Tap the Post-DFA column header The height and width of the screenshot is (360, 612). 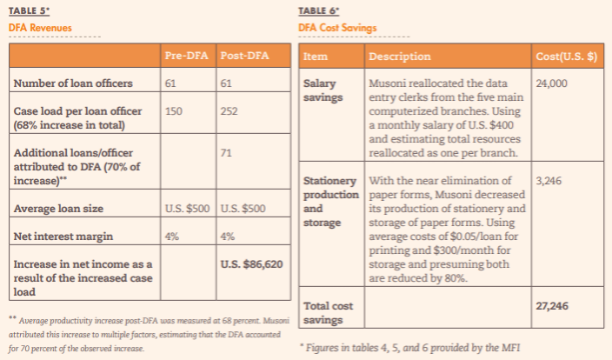(x=244, y=57)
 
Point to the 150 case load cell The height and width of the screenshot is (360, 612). (x=173, y=111)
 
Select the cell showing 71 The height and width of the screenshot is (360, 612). (x=228, y=154)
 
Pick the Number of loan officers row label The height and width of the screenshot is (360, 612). (x=73, y=83)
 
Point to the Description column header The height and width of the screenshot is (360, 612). (x=399, y=57)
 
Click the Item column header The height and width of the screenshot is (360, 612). (x=314, y=57)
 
